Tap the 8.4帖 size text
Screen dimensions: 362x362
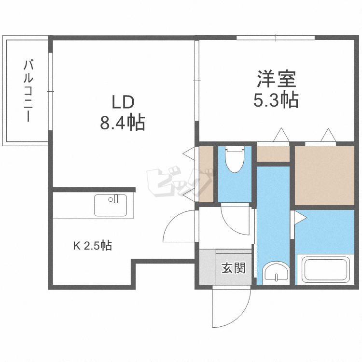click(123, 123)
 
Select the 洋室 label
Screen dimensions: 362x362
click(276, 78)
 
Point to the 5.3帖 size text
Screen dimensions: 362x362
click(276, 100)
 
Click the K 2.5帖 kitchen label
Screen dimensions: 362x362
click(93, 246)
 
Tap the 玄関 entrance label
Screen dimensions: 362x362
click(234, 268)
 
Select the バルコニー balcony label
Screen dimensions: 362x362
click(29, 90)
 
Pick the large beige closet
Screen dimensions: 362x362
click(324, 176)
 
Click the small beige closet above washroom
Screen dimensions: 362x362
click(273, 154)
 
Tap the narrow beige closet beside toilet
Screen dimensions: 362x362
click(206, 174)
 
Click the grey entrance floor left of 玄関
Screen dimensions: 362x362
click(208, 268)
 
